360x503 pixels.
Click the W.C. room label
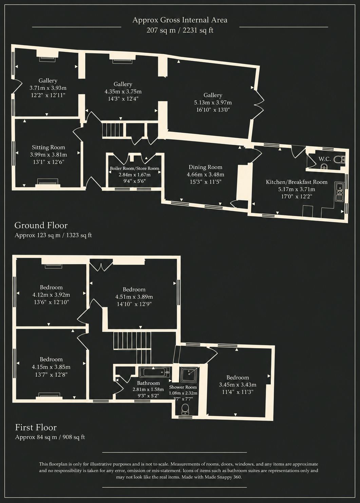pyautogui.click(x=324, y=159)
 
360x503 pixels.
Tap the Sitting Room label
pyautogui.click(x=49, y=148)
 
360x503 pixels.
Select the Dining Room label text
pyautogui.click(x=206, y=167)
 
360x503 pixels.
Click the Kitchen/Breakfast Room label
pyautogui.click(x=297, y=182)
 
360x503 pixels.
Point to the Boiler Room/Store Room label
pyautogui.click(x=134, y=169)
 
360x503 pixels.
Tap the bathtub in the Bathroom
pyautogui.click(x=155, y=372)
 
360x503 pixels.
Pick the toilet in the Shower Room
pyautogui.click(x=185, y=409)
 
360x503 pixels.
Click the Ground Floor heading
pyautogui.click(x=41, y=225)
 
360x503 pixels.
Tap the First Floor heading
pyautogui.click(x=36, y=427)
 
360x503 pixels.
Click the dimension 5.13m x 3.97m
pyautogui.click(x=213, y=103)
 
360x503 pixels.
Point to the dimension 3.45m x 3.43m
pyautogui.click(x=238, y=385)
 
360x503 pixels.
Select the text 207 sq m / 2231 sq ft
pyautogui.click(x=180, y=30)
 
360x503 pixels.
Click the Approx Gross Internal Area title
pyautogui.click(x=180, y=20)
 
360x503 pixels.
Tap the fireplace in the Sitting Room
pyautogui.click(x=48, y=182)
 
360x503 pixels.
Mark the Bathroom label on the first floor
pyautogui.click(x=149, y=383)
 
